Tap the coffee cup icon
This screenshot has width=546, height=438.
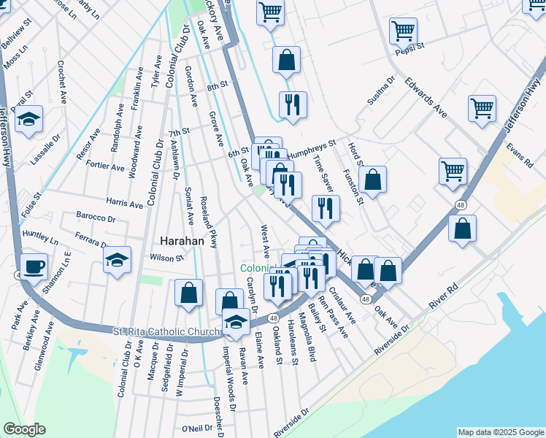(34, 267)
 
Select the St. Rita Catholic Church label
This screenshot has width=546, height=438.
(166, 332)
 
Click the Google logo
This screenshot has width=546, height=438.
(24, 429)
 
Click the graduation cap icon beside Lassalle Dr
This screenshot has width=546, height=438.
(28, 119)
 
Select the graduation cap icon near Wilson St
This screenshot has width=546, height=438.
(117, 260)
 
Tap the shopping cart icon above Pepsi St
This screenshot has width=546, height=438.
(403, 31)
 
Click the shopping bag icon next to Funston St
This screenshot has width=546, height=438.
(372, 178)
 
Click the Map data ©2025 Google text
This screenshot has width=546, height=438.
(501, 432)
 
